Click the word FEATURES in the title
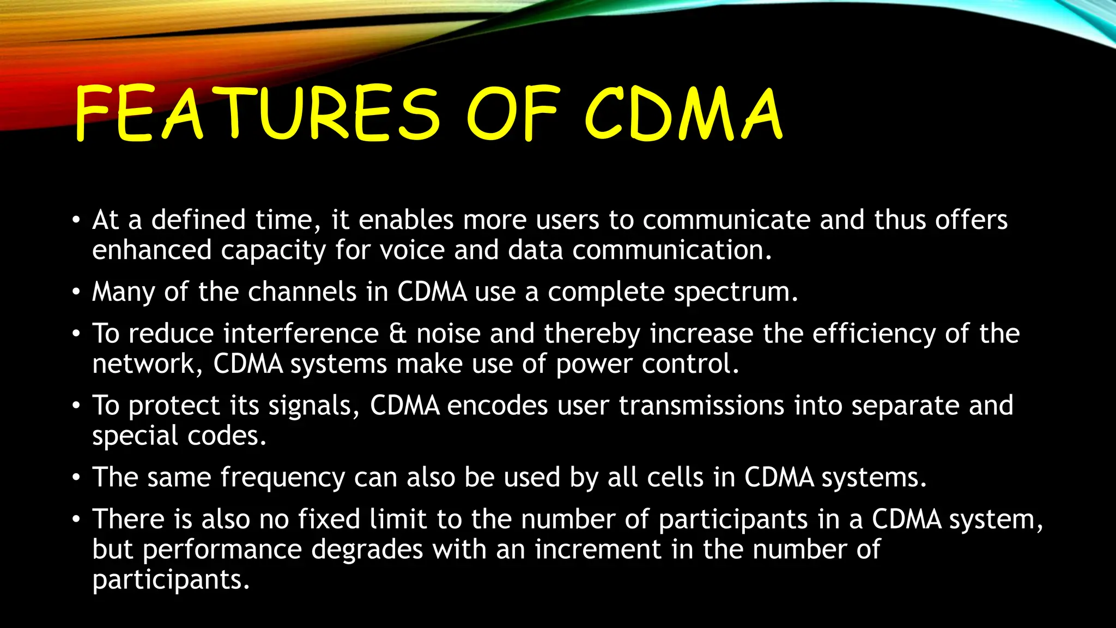[x=256, y=114]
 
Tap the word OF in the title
[x=512, y=114]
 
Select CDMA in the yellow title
[x=684, y=114]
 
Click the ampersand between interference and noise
[x=398, y=334]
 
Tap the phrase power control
[x=647, y=364]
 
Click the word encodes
[x=497, y=406]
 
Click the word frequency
[x=282, y=478]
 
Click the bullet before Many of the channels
[x=76, y=293]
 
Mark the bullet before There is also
[x=76, y=520]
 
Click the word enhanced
[x=151, y=250]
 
